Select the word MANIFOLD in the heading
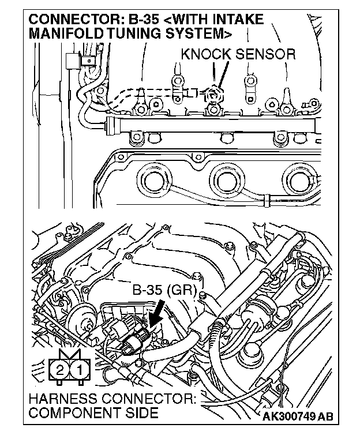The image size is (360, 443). (x=66, y=33)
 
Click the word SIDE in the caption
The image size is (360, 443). (x=144, y=413)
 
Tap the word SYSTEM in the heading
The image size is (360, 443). (x=194, y=33)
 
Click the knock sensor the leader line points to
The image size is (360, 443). (x=214, y=92)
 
